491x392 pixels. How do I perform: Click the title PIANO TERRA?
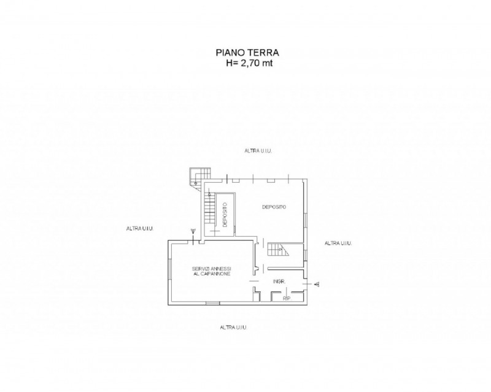point(247,52)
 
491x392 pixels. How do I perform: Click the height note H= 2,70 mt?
point(250,63)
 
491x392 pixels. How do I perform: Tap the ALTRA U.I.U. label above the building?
point(258,151)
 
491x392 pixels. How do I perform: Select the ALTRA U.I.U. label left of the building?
point(140,229)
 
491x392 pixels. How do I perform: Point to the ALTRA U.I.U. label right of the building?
point(338,244)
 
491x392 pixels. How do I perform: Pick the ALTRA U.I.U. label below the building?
point(234,328)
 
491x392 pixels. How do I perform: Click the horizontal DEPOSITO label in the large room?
point(274,207)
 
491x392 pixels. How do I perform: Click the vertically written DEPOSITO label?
point(225,215)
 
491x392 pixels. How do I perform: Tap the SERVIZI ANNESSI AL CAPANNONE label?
point(212,271)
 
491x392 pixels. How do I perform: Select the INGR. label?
point(279,282)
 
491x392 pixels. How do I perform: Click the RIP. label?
point(287,299)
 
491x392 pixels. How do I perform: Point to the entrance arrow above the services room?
point(193,231)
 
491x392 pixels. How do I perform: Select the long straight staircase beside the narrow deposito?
point(209,208)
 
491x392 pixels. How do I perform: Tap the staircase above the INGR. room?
point(278,250)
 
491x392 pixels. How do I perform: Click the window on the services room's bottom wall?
point(212,303)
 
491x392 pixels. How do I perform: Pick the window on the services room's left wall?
point(170,269)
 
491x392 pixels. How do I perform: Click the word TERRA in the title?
point(263,52)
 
